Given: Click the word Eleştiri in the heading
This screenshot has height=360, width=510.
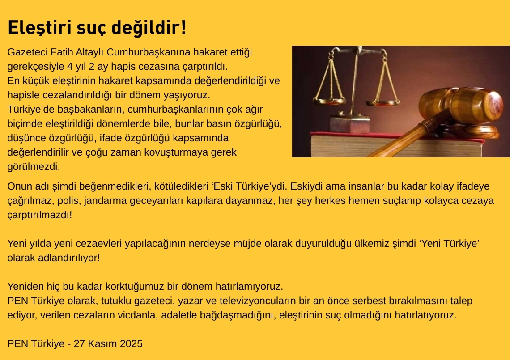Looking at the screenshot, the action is tap(39, 27).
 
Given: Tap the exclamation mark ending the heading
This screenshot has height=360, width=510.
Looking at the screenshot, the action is tap(184, 27).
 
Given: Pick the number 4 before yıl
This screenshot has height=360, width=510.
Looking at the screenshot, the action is tap(70, 66).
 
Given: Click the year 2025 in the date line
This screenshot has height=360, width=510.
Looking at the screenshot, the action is tap(131, 344).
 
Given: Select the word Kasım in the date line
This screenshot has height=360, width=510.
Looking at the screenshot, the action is tap(102, 344).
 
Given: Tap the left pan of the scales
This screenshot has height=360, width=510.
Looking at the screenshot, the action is tap(329, 101).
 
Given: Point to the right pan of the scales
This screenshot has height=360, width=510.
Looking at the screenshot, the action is tap(382, 103).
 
